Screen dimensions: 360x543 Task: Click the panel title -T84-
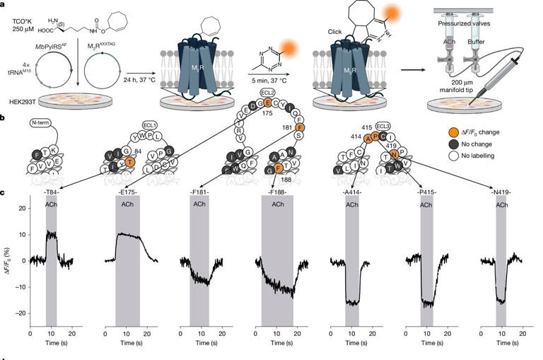coord(51,192)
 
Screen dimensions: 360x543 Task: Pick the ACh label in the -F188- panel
coord(278,204)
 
